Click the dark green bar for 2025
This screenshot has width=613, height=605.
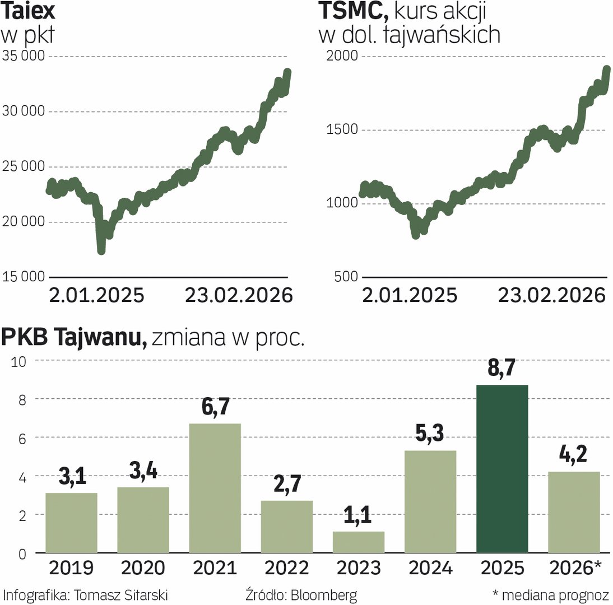(x=501, y=469)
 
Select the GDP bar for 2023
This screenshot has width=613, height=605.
(x=359, y=542)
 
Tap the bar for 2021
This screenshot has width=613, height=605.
(x=215, y=488)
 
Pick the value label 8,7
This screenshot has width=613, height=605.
(x=501, y=370)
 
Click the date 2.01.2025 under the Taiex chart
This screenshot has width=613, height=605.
(x=96, y=295)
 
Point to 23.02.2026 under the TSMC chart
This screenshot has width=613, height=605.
(x=552, y=295)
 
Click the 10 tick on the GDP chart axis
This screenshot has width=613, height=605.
(x=20, y=361)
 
